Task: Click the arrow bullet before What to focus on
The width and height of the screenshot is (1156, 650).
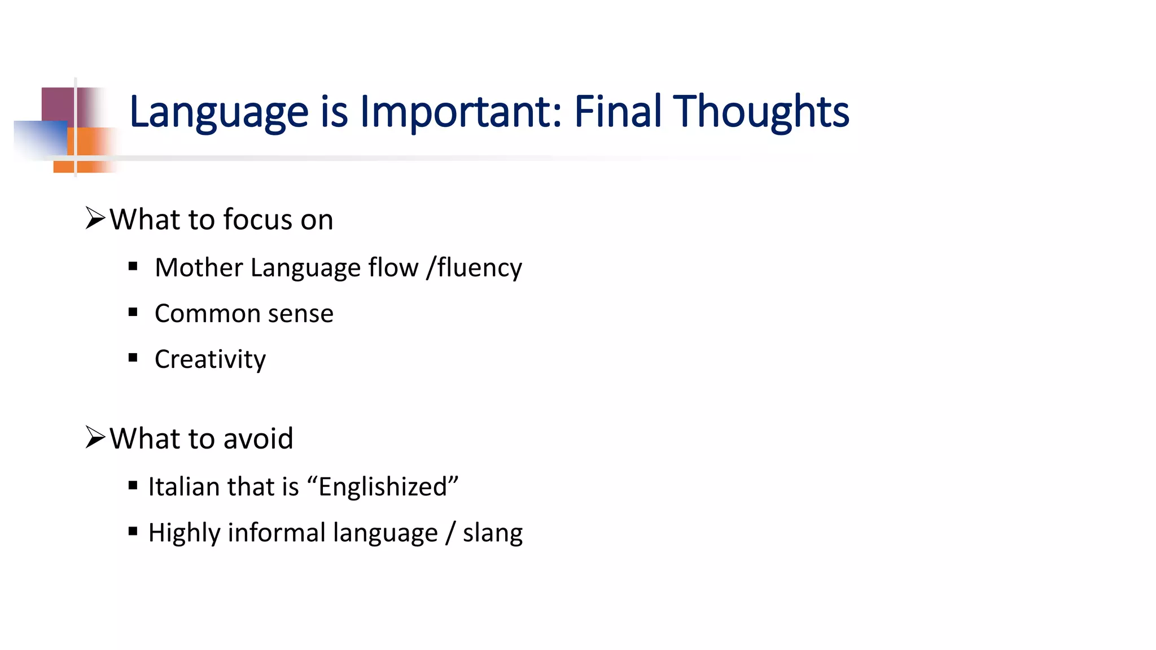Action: pyautogui.click(x=95, y=218)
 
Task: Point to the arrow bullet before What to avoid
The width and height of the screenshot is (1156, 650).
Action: pyautogui.click(x=95, y=437)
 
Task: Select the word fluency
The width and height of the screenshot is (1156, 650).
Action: pyautogui.click(x=479, y=268)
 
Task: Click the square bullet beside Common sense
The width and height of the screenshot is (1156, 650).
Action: pyautogui.click(x=133, y=312)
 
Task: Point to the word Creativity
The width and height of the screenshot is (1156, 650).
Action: pyautogui.click(x=210, y=359)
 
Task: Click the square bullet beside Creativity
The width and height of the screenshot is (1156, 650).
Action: pyautogui.click(x=133, y=358)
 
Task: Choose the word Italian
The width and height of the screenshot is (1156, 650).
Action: pyautogui.click(x=183, y=486)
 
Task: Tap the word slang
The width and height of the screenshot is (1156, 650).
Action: pyautogui.click(x=492, y=533)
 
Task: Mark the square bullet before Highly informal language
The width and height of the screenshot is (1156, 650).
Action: pyautogui.click(x=133, y=531)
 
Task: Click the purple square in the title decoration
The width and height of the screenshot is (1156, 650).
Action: pyautogui.click(x=58, y=104)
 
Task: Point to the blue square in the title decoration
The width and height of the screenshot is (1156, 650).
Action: pyautogui.click(x=40, y=138)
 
